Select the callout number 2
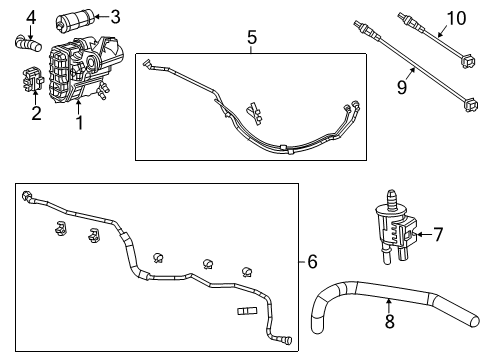36,113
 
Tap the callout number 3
115,16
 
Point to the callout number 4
32,16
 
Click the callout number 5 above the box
252,37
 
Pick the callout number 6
312,262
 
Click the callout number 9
403,88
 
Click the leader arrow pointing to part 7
422,235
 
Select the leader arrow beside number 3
102,17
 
